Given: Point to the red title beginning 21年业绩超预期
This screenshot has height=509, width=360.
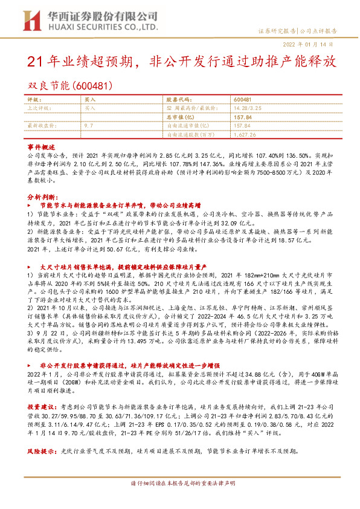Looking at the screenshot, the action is coord(179,62).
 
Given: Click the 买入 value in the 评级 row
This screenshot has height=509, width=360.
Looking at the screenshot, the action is coord(90,99).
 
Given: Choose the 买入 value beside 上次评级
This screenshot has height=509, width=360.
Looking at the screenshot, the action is coord(90,108).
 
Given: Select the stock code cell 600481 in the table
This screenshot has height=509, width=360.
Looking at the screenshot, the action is coord(242,99).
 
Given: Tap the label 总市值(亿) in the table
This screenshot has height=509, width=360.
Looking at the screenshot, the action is coord(182,117).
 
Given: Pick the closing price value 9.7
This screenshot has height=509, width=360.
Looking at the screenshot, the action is coord(88,126).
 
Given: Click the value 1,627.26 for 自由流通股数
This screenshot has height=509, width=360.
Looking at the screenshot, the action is coord(246,135).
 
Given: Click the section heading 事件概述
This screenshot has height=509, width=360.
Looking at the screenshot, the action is coord(41,148).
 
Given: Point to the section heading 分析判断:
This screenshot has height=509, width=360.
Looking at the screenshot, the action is coord(43,197).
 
